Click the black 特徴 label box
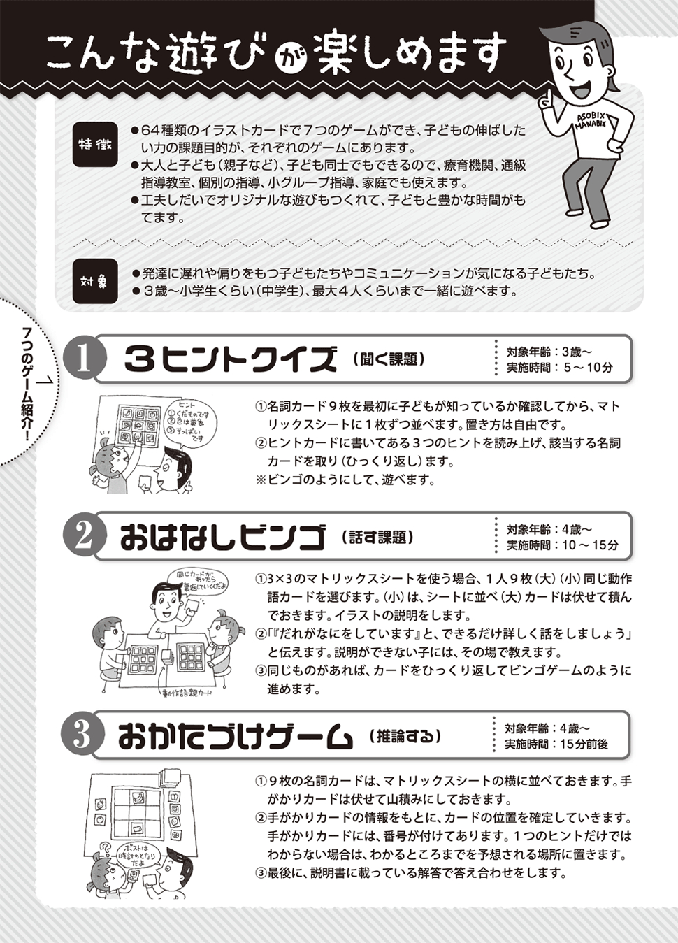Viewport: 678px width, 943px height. [94, 145]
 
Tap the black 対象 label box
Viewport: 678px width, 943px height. [94, 281]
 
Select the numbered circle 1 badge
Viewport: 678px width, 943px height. [84, 359]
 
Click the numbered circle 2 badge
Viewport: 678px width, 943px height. [84, 536]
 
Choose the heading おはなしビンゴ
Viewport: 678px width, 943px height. [223, 537]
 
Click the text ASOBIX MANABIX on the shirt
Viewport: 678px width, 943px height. [591, 122]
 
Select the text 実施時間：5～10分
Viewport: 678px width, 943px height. [560, 368]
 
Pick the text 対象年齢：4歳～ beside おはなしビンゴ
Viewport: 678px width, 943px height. [549, 529]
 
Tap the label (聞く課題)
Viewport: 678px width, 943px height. [389, 359]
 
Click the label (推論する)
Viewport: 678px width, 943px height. [405, 736]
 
